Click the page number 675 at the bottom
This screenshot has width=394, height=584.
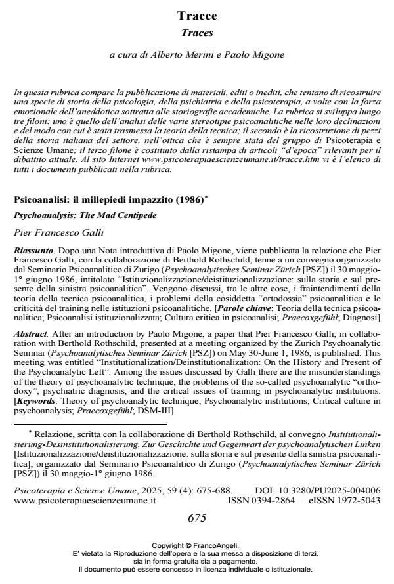tap(197, 518)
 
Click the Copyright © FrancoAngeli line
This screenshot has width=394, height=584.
tap(196, 545)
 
